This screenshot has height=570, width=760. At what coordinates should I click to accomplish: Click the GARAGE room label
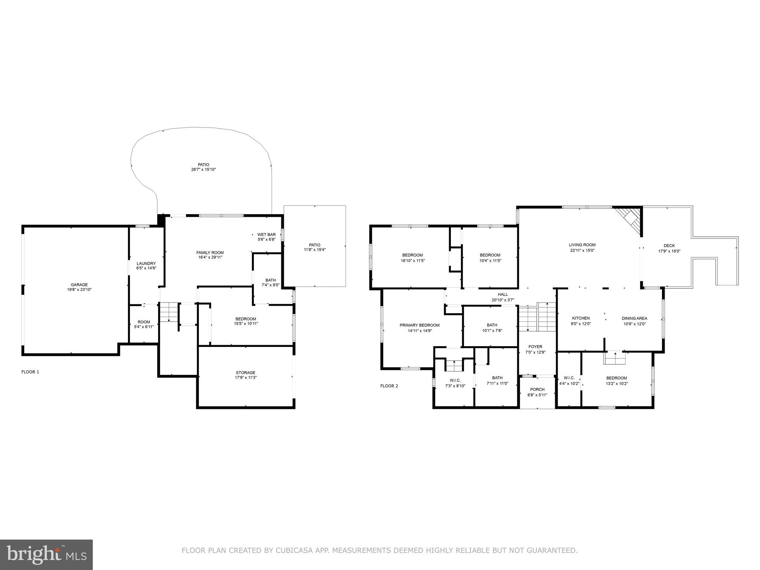[x=79, y=285]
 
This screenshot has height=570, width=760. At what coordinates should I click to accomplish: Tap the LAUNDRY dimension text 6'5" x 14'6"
[x=146, y=268]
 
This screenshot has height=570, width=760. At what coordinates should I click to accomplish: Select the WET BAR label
[x=266, y=235]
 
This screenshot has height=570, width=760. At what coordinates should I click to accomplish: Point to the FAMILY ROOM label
[x=210, y=253]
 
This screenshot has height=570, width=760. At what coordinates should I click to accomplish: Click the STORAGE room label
[x=245, y=373]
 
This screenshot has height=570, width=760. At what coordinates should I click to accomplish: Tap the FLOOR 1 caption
[x=30, y=372]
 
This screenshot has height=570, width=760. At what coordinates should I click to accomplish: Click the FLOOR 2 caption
[x=389, y=386]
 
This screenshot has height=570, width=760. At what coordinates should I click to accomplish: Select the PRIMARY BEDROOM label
[x=419, y=325]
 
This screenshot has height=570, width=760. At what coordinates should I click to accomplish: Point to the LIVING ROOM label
[x=582, y=245]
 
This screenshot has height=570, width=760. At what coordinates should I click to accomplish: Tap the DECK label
[x=669, y=246]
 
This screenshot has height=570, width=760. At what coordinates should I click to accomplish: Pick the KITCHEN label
[x=581, y=318]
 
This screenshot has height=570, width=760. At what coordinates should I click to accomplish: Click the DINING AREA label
[x=634, y=318]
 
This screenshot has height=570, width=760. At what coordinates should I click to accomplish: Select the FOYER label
[x=535, y=347]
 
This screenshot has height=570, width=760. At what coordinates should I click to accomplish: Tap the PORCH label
[x=537, y=389]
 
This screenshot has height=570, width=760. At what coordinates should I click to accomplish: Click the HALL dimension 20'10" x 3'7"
[x=503, y=300]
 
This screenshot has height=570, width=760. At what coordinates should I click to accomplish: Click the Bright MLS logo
[x=46, y=554]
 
